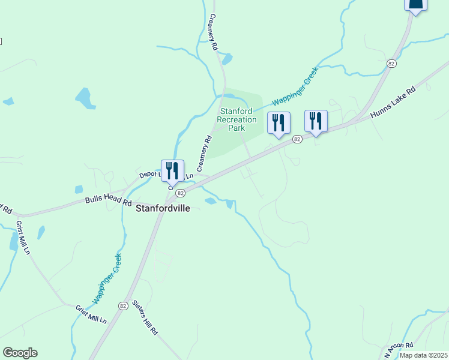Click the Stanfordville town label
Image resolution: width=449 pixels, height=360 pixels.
(x=162, y=209)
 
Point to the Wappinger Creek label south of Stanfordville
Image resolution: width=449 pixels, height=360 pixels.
(x=107, y=278)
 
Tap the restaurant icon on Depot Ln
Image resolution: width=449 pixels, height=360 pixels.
(x=172, y=170)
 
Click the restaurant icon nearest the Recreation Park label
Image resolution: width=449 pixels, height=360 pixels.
(x=278, y=123)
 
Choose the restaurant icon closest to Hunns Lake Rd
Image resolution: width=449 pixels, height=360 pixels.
(x=315, y=121)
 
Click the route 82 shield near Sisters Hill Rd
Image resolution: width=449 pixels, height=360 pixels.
(x=122, y=305)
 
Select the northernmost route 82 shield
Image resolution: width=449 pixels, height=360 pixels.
(x=391, y=63)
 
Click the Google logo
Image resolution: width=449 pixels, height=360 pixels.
(x=20, y=353)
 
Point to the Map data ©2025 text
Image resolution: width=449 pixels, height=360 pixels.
(x=423, y=355)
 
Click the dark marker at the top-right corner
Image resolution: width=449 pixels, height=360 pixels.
(x=415, y=5)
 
